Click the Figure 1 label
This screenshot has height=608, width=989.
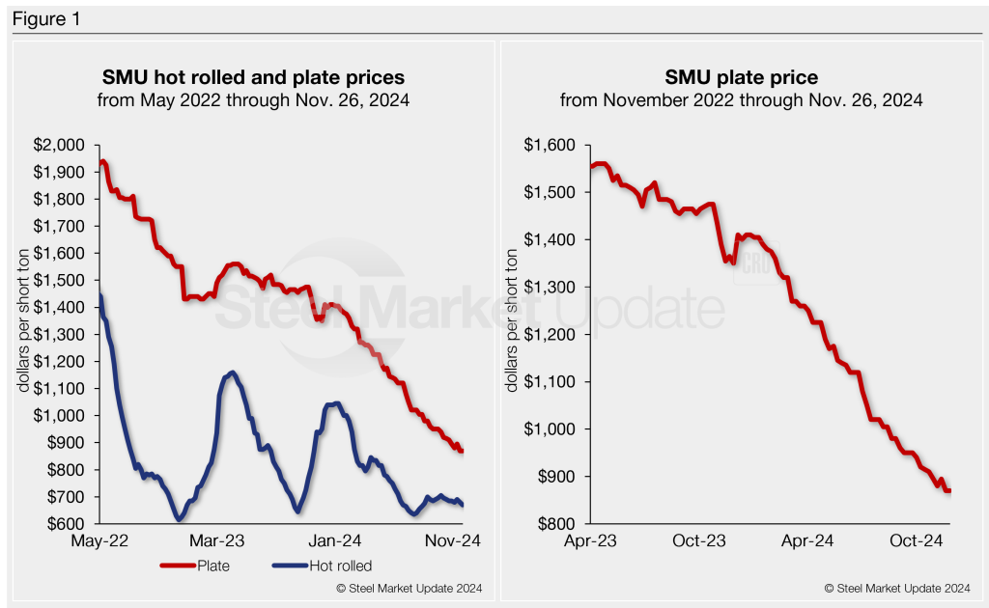tap(46, 19)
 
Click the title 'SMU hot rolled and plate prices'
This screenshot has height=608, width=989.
tap(253, 76)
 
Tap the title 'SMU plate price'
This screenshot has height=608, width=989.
tap(741, 76)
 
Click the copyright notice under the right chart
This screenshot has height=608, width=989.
tap(897, 588)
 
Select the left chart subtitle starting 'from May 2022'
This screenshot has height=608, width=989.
tap(253, 99)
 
